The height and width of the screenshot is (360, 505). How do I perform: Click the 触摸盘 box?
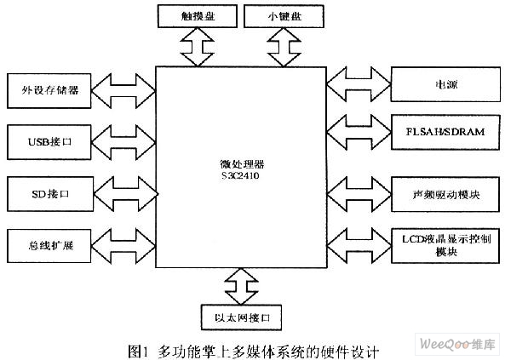click(x=198, y=16)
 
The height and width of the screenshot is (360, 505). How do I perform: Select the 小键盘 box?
click(x=284, y=16)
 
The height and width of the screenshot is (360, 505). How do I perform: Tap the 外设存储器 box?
click(x=49, y=91)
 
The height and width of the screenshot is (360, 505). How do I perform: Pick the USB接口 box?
click(x=49, y=142)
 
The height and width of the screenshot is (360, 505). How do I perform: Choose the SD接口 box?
click(x=50, y=194)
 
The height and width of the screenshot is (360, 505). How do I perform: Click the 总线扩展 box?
click(x=49, y=246)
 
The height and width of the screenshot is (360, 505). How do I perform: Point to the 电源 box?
click(x=445, y=84)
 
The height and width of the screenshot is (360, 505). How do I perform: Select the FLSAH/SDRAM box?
click(x=445, y=132)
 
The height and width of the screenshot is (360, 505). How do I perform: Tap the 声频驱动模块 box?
click(x=445, y=194)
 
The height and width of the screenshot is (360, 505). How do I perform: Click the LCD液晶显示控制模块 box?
click(x=445, y=246)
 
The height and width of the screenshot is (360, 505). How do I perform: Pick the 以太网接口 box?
click(x=242, y=317)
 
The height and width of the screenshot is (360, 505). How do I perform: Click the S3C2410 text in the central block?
click(x=240, y=175)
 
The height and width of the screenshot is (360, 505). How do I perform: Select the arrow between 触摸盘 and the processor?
click(x=198, y=47)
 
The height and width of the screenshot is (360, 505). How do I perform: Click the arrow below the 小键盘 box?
click(x=284, y=47)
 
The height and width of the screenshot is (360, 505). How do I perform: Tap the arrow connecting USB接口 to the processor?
click(x=123, y=142)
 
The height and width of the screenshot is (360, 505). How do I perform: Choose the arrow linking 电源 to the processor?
click(x=359, y=84)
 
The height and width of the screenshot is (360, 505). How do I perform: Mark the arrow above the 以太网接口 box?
click(x=242, y=286)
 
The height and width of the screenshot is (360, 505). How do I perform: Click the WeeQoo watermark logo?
click(x=457, y=344)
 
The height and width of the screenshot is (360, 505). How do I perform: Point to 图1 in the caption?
click(x=139, y=351)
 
